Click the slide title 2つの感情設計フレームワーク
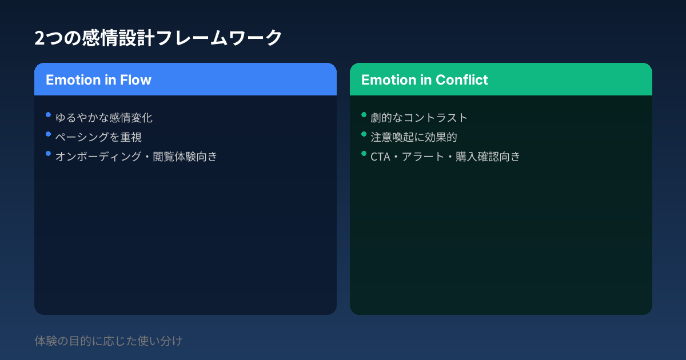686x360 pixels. point(158,38)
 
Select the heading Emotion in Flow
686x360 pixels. point(98,79)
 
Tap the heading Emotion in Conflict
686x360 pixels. point(424,79)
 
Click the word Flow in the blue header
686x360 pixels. point(135,79)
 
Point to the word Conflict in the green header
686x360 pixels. point(461,79)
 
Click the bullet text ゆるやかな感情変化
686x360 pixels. point(104,118)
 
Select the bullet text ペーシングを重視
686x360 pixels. point(98,137)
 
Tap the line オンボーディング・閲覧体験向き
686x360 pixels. point(136,157)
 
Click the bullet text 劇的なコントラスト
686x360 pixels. point(419,118)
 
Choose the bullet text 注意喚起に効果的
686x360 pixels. point(414,137)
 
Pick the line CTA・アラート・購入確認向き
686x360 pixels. point(445,157)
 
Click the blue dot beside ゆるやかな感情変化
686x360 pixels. point(48,115)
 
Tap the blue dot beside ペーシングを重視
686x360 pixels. point(48,134)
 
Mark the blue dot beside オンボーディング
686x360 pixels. point(48,154)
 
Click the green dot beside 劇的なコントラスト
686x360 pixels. point(364,115)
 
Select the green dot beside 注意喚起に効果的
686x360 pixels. point(364,134)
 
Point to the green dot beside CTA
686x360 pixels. point(364,154)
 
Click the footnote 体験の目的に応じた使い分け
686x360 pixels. point(109,341)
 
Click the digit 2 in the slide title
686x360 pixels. point(39,38)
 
